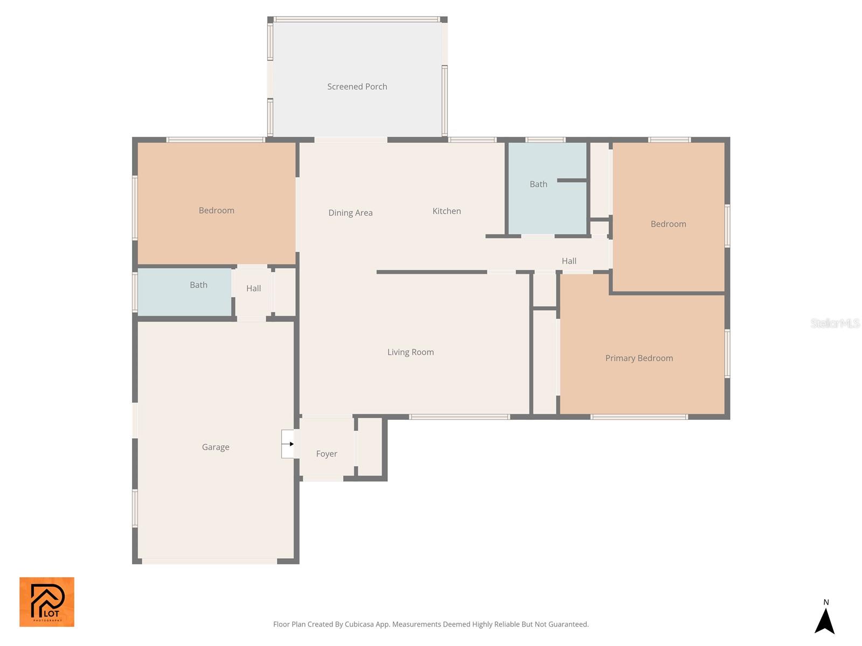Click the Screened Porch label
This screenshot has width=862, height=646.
(357, 87)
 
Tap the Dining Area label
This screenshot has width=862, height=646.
(350, 213)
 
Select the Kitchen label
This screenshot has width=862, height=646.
(447, 211)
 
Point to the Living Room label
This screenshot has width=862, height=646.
(411, 352)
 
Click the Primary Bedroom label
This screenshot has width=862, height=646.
(639, 358)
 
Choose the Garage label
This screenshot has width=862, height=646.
(215, 447)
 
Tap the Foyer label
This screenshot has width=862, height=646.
(326, 454)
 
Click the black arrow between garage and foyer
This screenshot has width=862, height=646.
(291, 444)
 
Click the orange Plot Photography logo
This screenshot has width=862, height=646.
(47, 602)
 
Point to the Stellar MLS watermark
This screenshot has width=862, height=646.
(835, 323)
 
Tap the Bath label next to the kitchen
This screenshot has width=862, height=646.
(538, 184)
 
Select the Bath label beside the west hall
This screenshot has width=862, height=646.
(198, 285)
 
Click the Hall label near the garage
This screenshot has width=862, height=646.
(253, 289)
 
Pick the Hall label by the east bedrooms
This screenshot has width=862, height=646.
(569, 261)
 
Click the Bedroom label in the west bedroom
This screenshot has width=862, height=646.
(216, 210)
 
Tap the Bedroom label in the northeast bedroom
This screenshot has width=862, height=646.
(668, 224)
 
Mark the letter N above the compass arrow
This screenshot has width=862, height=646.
(826, 602)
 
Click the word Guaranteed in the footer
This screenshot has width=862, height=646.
(569, 624)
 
